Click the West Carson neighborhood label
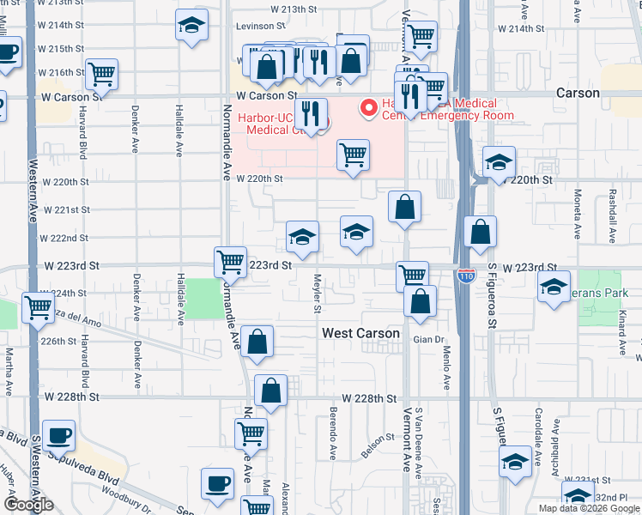coord(360,333)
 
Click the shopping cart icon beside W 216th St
coord(101,75)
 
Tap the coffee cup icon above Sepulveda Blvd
coord(58,436)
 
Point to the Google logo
coord(27,504)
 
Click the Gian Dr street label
coord(427,340)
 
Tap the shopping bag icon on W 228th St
coord(271,391)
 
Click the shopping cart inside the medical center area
coord(353,155)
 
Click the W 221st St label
coord(66,209)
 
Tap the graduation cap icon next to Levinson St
coord(191,26)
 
